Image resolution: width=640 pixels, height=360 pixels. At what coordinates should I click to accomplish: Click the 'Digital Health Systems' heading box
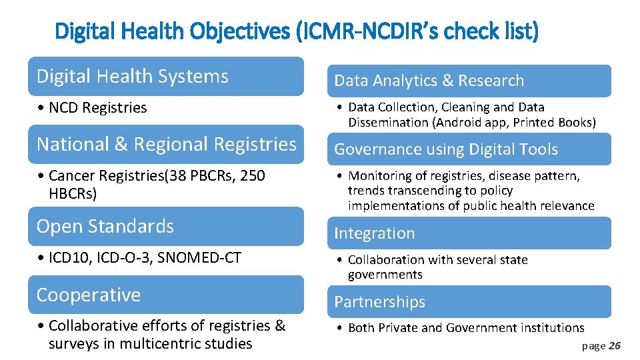tap(165, 77)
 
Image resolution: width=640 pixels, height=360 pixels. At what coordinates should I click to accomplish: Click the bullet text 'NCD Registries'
tap(97, 108)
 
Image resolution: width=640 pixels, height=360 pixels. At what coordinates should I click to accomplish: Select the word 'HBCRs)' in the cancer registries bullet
tap(73, 194)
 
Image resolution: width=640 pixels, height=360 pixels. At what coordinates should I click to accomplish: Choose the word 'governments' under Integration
tap(385, 275)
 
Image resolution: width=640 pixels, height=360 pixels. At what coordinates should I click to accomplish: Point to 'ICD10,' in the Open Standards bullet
tap(69, 258)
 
